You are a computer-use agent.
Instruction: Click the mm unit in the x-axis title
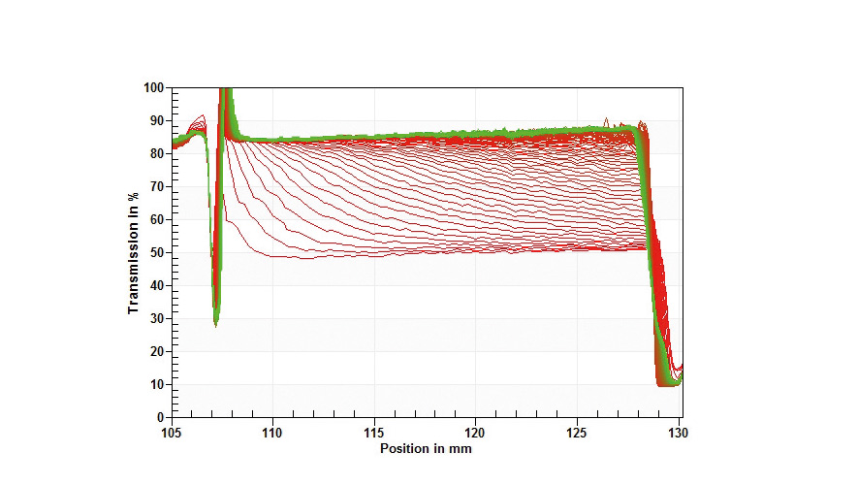pos(461,448)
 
